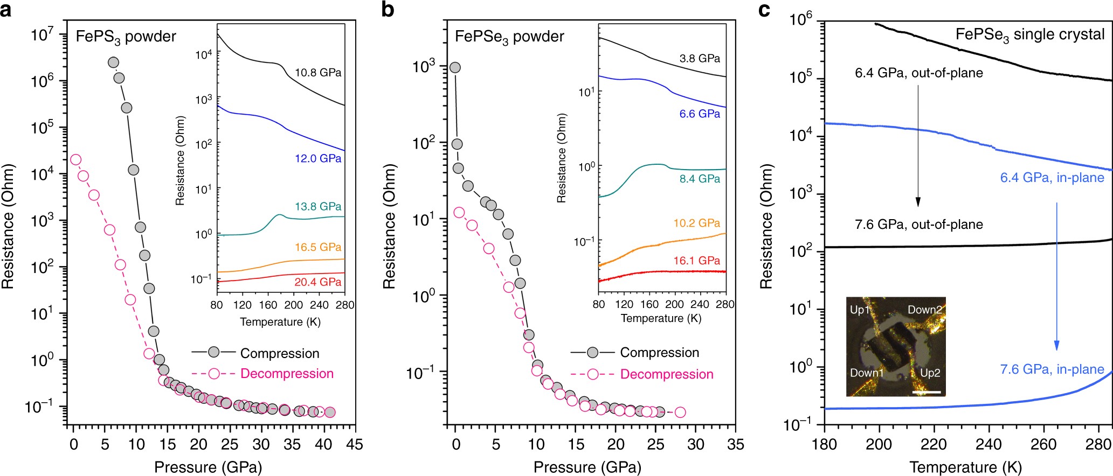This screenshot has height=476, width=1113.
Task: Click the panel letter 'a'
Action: click(x=6, y=10)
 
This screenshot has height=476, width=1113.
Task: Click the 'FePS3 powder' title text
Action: click(x=126, y=37)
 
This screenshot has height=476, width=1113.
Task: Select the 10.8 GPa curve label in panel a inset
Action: click(x=318, y=73)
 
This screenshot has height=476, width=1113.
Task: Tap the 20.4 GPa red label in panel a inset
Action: click(x=318, y=282)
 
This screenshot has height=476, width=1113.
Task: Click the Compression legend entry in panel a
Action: click(x=279, y=353)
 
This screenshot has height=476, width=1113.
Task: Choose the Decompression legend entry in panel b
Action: click(x=666, y=374)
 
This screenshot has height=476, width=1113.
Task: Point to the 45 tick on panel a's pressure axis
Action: click(x=354, y=445)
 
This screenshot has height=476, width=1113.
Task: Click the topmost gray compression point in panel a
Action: click(x=113, y=62)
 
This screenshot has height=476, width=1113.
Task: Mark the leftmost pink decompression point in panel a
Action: click(x=75, y=159)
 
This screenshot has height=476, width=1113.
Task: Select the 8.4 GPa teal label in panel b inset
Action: click(x=700, y=179)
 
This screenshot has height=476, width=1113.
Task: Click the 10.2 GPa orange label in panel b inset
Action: click(x=696, y=223)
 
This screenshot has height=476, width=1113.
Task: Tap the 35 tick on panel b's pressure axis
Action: click(x=735, y=445)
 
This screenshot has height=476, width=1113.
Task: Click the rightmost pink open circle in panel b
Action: click(x=680, y=412)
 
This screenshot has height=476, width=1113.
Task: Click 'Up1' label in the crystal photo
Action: click(x=860, y=310)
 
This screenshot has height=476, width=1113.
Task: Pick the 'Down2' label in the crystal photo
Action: click(x=925, y=310)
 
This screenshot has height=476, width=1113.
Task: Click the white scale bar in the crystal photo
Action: click(x=927, y=392)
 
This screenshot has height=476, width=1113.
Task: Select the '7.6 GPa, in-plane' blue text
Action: click(x=1052, y=369)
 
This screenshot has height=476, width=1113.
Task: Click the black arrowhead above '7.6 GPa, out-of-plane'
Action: click(x=918, y=202)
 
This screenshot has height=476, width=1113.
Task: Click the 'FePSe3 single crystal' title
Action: click(x=1030, y=35)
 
